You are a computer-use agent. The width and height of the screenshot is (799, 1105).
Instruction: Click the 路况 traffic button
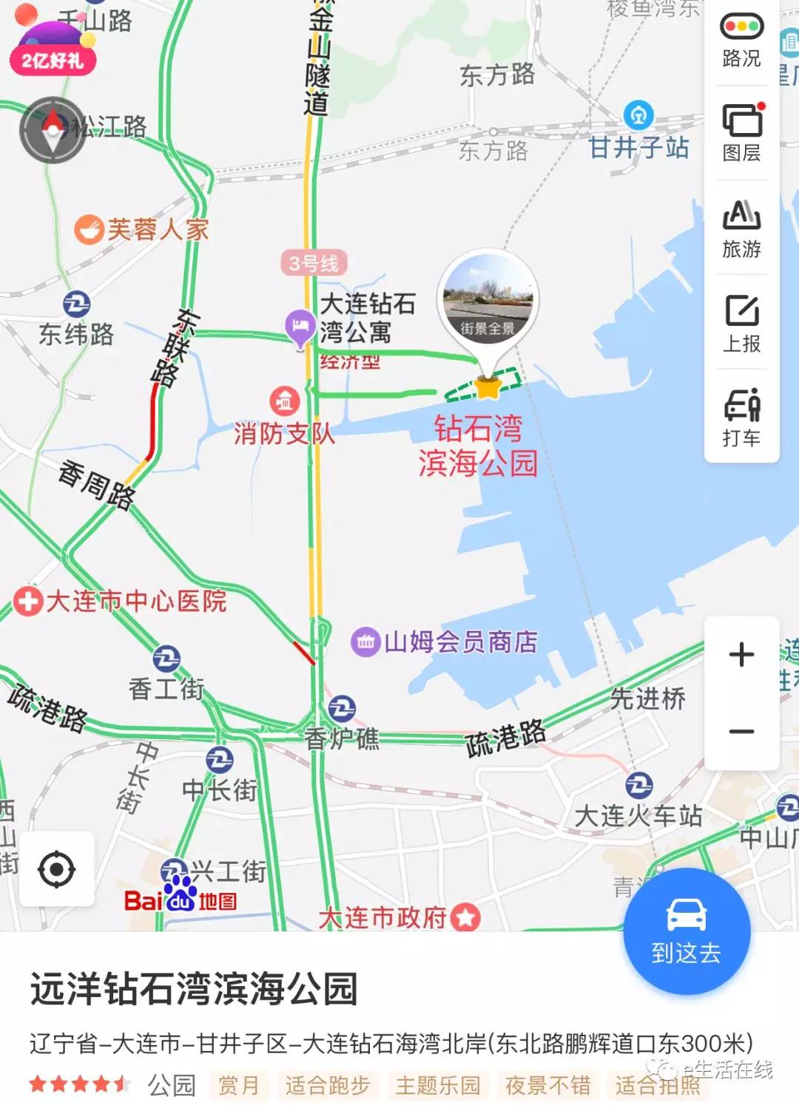[x=741, y=41]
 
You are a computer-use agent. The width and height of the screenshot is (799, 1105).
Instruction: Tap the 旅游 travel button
[x=741, y=228]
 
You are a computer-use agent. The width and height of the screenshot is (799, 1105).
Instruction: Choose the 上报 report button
[x=741, y=323]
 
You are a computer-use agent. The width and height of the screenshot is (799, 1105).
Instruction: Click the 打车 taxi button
[x=741, y=417]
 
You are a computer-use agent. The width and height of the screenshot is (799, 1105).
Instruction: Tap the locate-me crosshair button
[x=57, y=868]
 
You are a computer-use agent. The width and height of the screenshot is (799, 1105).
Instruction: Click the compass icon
[x=53, y=130]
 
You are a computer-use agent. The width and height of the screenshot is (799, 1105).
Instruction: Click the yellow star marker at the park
[x=488, y=387]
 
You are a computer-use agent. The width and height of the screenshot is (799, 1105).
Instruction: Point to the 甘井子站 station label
[x=638, y=147]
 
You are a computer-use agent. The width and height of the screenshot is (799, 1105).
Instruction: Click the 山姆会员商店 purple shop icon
[x=365, y=642]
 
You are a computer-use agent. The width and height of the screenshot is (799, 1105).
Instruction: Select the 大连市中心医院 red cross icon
[x=28, y=601]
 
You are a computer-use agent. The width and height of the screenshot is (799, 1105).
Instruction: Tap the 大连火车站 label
[x=638, y=815]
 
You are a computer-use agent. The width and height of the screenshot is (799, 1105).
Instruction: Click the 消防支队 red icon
[x=284, y=401]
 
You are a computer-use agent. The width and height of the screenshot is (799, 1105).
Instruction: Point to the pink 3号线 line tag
[x=314, y=262]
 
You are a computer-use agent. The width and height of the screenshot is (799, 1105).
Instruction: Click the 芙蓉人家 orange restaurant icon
[x=89, y=229]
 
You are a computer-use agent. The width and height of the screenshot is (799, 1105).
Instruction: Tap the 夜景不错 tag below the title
[x=547, y=1085]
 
